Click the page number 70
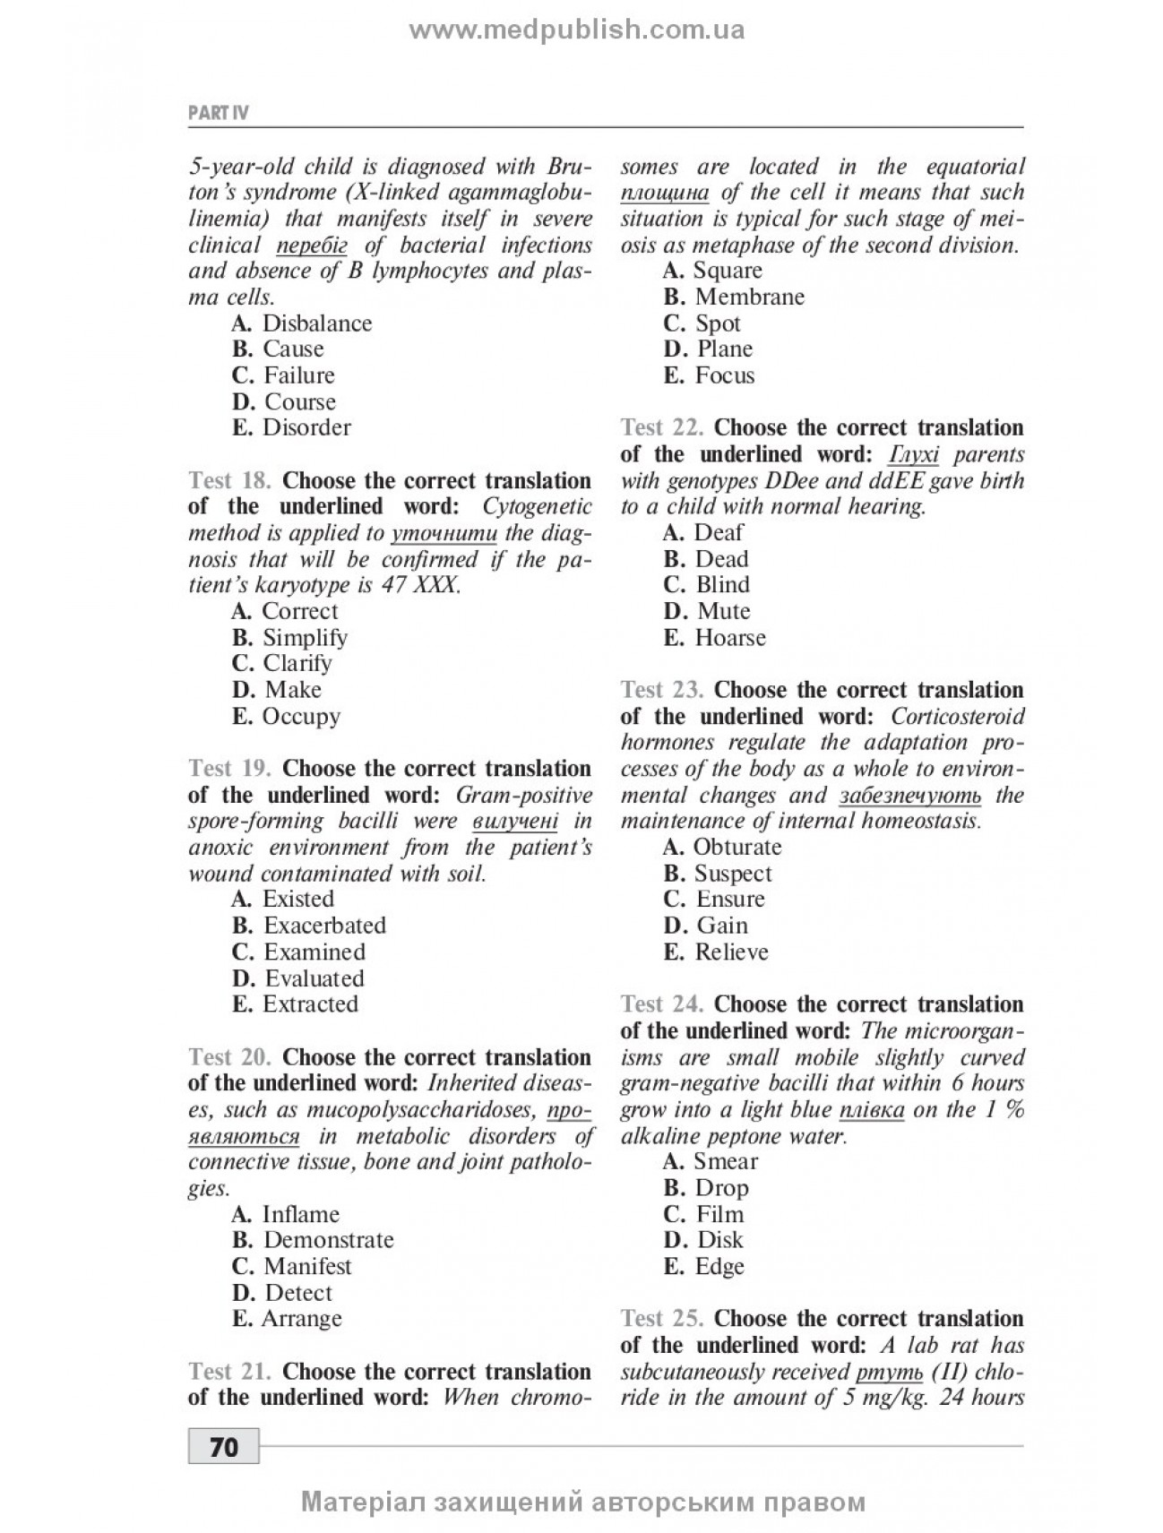click(x=224, y=1447)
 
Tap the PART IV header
click(x=219, y=113)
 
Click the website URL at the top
click(x=577, y=30)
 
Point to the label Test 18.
click(x=229, y=480)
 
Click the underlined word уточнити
click(x=444, y=533)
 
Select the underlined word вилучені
click(x=514, y=821)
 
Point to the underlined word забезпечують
click(x=910, y=795)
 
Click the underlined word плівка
click(x=872, y=1109)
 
